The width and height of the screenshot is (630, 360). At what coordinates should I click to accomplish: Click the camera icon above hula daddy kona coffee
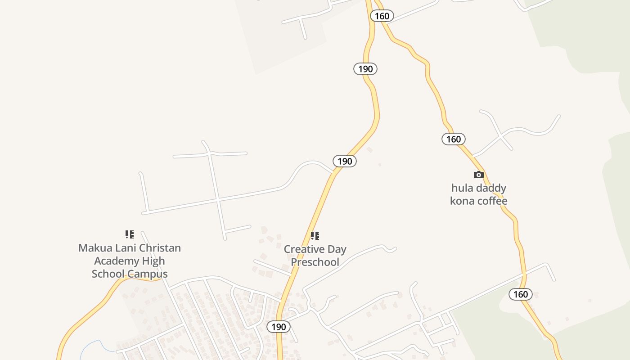click(x=479, y=175)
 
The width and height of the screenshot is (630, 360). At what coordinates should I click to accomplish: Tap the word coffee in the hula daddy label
click(x=492, y=201)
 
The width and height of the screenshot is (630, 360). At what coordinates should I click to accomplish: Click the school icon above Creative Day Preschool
click(x=315, y=236)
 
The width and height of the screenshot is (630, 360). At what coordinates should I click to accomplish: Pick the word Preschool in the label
click(x=315, y=262)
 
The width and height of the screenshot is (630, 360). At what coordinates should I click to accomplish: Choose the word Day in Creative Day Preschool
click(x=337, y=249)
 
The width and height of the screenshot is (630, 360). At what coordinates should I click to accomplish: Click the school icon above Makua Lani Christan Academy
click(x=130, y=234)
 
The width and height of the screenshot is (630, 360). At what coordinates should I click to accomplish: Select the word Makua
click(x=95, y=247)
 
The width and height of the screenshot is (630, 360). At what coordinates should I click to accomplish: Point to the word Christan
click(x=160, y=247)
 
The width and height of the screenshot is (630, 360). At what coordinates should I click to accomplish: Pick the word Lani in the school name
click(x=125, y=247)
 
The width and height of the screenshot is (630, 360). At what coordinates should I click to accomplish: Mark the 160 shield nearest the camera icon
click(x=453, y=139)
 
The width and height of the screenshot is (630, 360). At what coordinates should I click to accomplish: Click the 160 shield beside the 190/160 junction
click(x=382, y=16)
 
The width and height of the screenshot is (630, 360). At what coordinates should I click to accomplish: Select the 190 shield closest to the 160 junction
click(x=365, y=69)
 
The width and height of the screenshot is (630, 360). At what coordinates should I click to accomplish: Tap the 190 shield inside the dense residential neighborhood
click(x=279, y=327)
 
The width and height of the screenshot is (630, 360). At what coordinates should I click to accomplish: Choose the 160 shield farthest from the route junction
click(x=521, y=294)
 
